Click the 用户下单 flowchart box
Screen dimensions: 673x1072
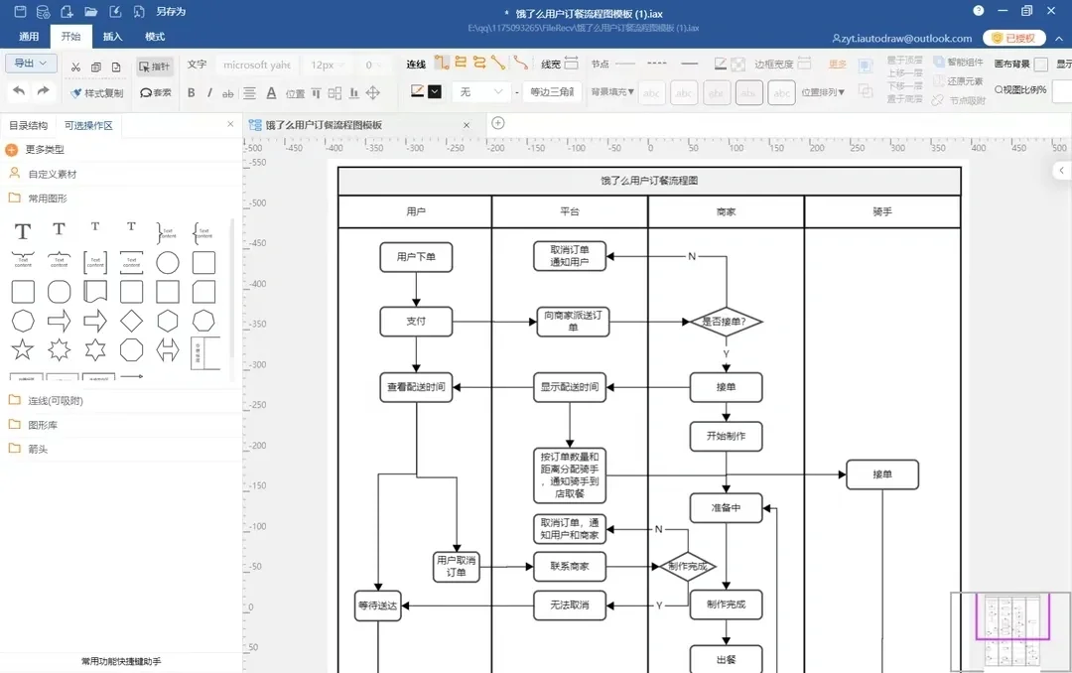coord(416,257)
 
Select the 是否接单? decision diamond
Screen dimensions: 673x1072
coord(725,322)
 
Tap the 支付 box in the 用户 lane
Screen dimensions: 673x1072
coord(416,322)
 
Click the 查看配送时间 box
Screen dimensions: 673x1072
coord(416,387)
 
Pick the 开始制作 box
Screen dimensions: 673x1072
coord(726,436)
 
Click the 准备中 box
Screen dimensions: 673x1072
coord(726,508)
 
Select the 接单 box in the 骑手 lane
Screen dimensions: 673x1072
coord(881,474)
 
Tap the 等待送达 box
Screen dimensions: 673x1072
coord(377,606)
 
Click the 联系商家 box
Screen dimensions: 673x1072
coord(569,567)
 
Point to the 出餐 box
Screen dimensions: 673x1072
coord(726,658)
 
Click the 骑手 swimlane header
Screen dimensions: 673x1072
coord(881,212)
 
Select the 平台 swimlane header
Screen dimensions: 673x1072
coord(570,212)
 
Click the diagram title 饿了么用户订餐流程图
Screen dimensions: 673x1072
coord(649,182)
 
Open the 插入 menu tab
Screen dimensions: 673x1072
coord(113,37)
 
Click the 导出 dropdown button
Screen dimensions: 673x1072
coord(31,64)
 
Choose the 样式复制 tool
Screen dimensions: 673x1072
coord(97,93)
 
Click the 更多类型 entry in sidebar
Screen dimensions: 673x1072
coord(45,150)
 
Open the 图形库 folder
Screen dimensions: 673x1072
coord(42,425)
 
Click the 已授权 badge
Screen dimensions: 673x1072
coord(1012,39)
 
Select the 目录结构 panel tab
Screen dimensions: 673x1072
coord(28,126)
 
